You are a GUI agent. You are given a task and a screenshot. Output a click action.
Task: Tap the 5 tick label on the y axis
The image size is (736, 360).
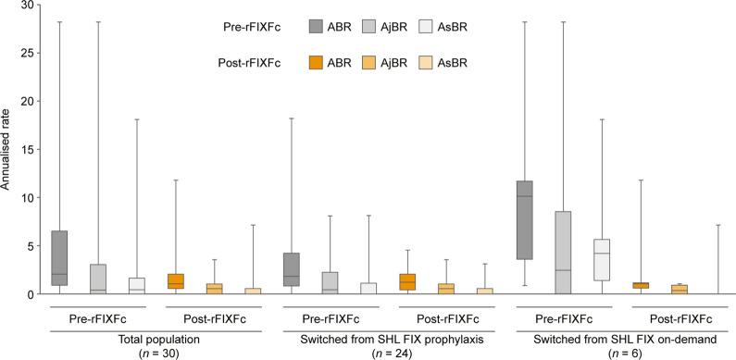click(33, 246)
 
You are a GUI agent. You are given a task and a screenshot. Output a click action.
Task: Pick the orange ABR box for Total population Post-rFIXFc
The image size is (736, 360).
click(177, 281)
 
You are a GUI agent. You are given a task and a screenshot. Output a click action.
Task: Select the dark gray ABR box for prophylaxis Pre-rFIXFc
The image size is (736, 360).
click(293, 268)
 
